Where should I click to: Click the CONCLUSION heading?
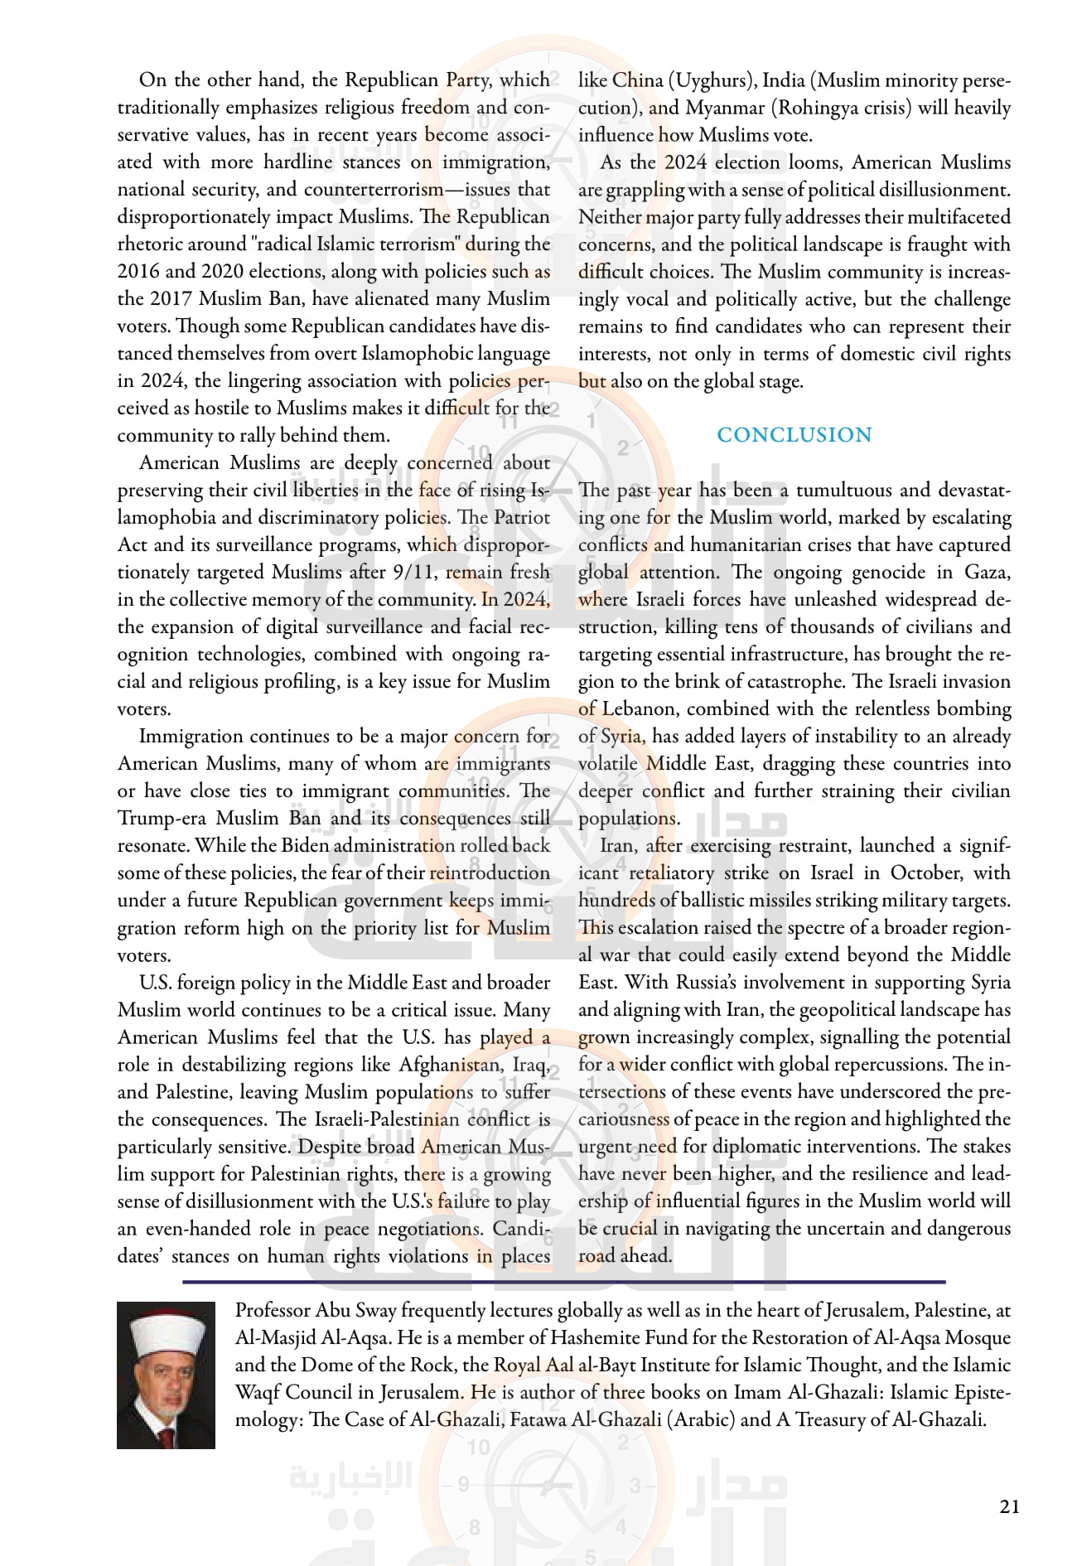click(x=794, y=435)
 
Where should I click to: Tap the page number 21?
click(x=1009, y=1507)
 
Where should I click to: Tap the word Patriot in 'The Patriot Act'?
click(x=522, y=518)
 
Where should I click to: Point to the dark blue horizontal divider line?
click(x=563, y=1282)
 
